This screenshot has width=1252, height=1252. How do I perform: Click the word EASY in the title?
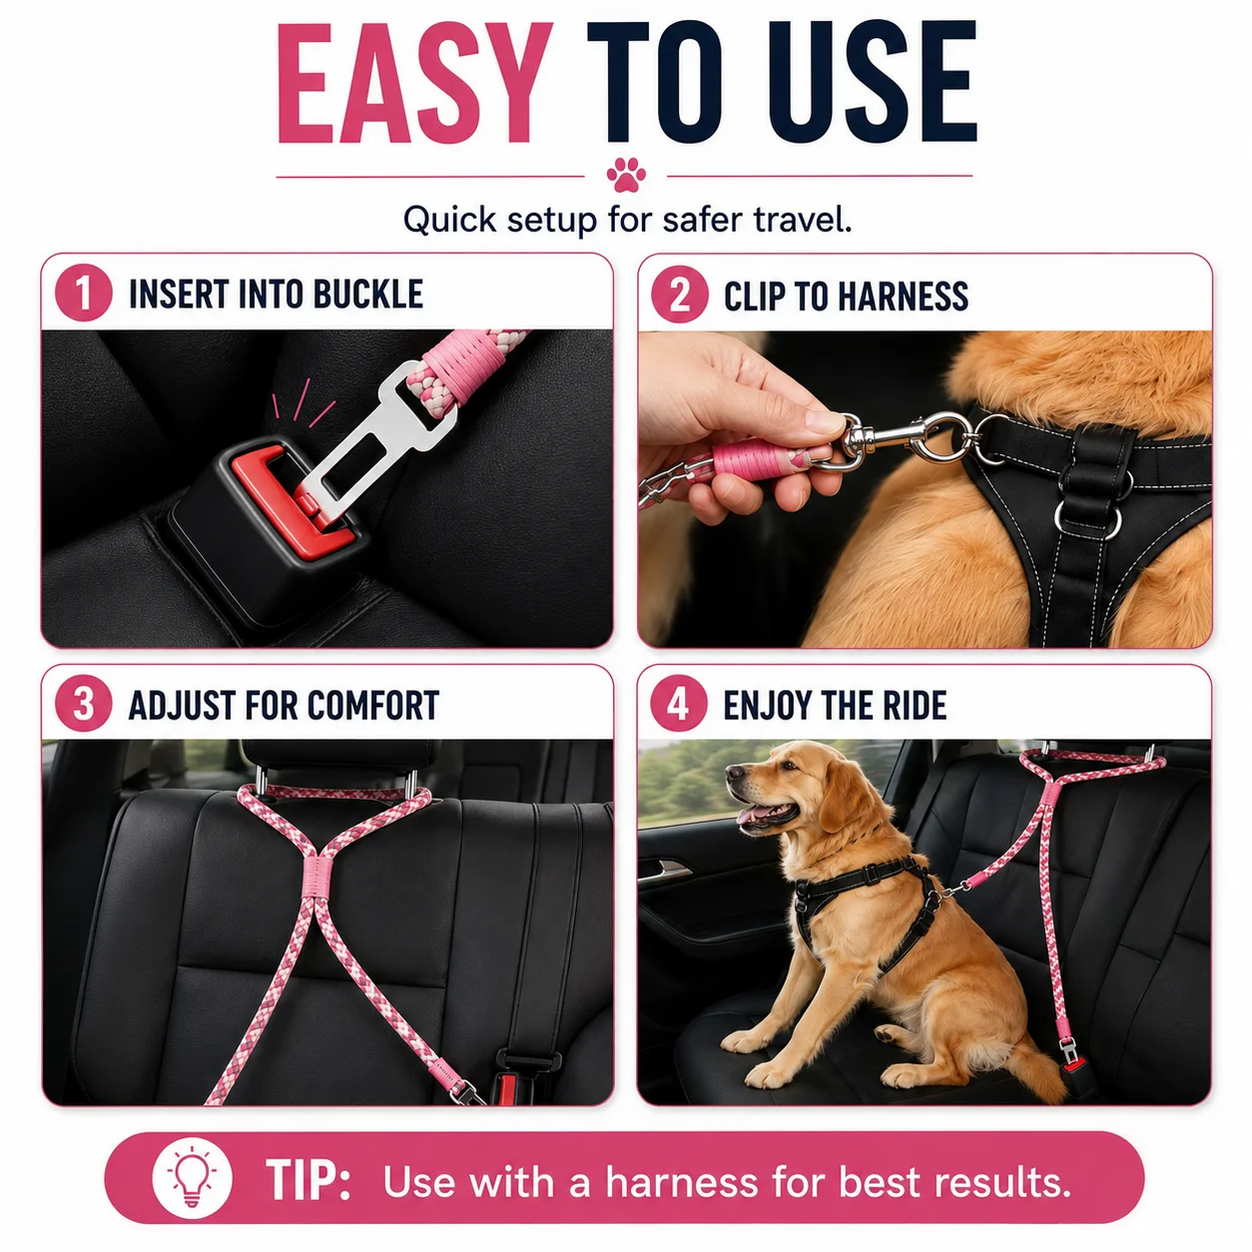tap(414, 83)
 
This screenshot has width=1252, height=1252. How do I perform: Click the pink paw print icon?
tap(626, 175)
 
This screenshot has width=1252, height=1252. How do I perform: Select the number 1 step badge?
tap(84, 293)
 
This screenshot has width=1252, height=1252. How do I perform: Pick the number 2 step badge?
tap(680, 295)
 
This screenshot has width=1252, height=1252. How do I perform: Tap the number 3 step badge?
tap(84, 704)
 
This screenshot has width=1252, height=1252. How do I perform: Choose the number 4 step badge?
tap(679, 704)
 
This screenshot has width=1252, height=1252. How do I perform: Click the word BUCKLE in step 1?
tap(367, 294)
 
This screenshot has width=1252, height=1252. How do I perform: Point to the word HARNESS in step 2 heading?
tap(904, 297)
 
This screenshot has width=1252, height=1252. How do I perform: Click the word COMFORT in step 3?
tap(373, 705)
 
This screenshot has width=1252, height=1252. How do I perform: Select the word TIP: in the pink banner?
tap(308, 1179)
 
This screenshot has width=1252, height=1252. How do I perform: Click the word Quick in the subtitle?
tap(449, 220)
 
